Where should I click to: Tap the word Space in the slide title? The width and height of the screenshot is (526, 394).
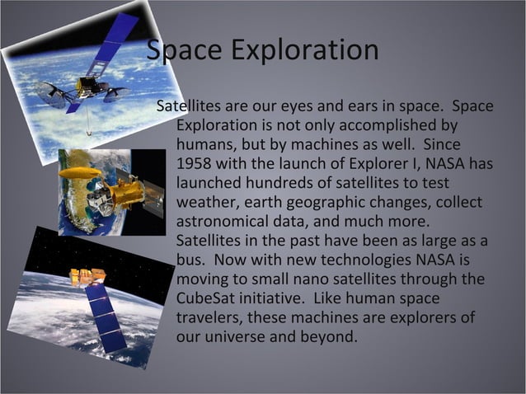pyautogui.click(x=186, y=49)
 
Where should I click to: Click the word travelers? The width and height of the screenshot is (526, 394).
pyautogui.click(x=209, y=317)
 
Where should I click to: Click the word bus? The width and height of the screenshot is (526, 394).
pyautogui.click(x=190, y=260)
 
